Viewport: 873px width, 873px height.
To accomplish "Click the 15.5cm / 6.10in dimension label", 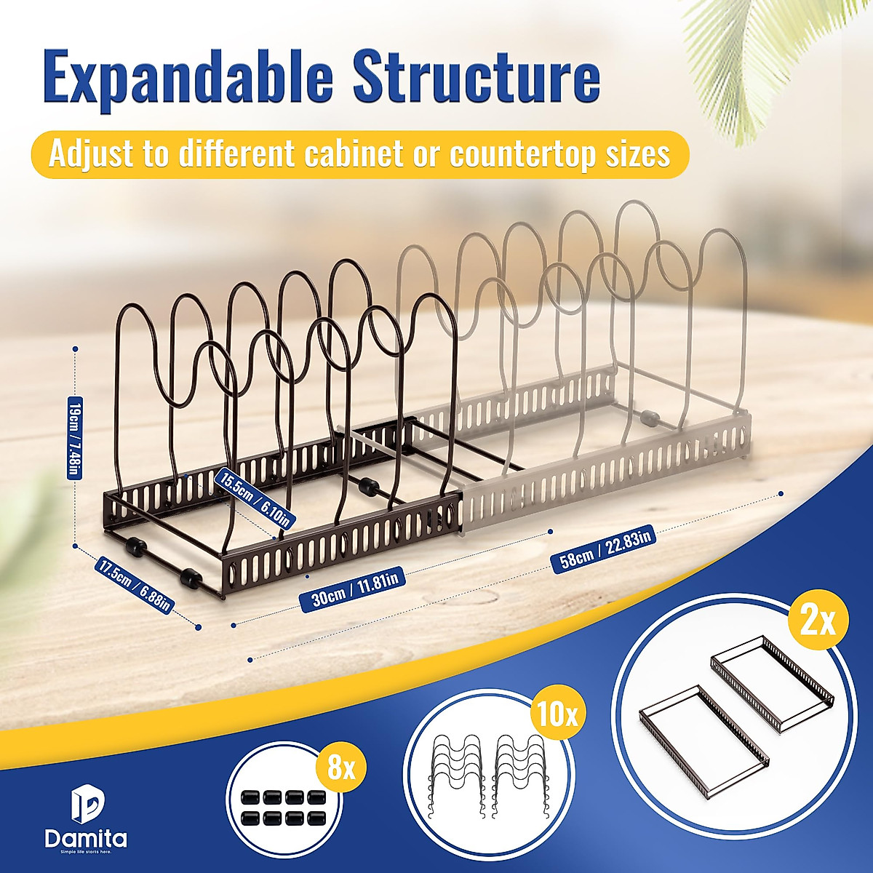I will click(x=257, y=498).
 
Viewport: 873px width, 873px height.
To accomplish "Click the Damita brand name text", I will click(x=86, y=838).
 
